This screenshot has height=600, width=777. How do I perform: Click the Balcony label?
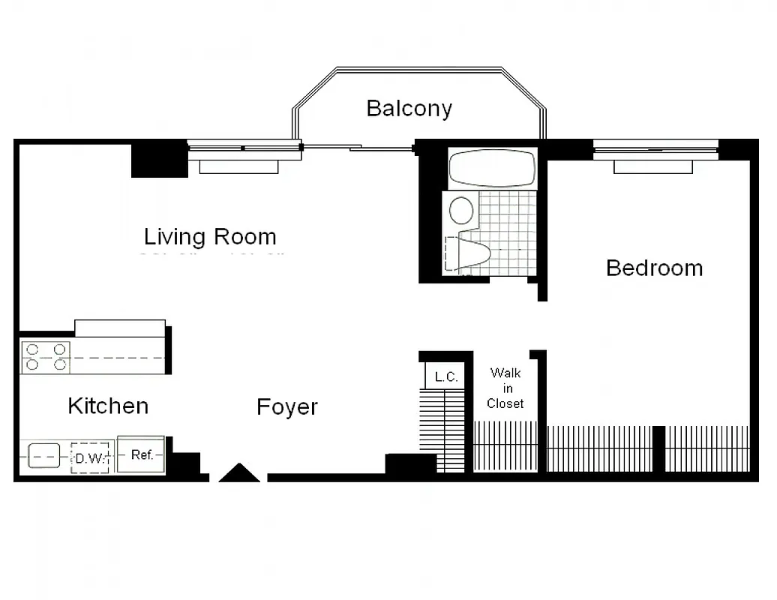[409, 108]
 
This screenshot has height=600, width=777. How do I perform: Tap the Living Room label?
[210, 237]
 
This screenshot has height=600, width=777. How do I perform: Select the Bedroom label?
[654, 268]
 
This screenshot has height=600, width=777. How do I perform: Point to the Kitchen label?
[108, 406]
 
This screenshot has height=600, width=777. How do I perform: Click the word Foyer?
[287, 407]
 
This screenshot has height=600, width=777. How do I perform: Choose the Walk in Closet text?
[505, 388]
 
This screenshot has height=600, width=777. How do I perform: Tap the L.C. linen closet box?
[445, 376]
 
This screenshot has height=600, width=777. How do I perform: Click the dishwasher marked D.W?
[90, 457]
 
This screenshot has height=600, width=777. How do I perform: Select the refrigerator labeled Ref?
[142, 454]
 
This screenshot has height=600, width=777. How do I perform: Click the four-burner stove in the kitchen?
[46, 357]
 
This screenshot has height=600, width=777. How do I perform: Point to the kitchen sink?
[43, 455]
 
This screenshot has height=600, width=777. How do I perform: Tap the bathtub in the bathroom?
[492, 167]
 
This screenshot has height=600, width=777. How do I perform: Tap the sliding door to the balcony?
[358, 147]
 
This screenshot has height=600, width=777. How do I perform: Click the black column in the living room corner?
[159, 159]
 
